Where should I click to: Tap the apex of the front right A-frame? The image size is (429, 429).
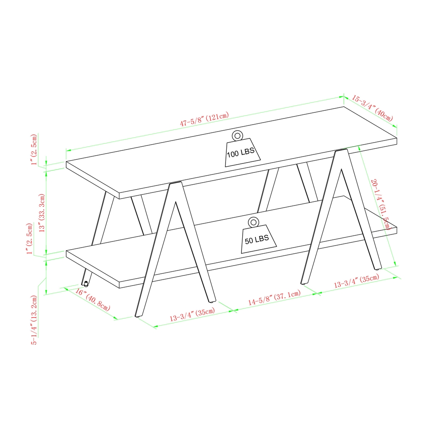click(341, 151)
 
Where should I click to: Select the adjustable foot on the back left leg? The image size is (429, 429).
click(86, 283)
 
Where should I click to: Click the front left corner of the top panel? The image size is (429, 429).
click(67, 162)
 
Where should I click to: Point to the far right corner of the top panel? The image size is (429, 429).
click(396, 138)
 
